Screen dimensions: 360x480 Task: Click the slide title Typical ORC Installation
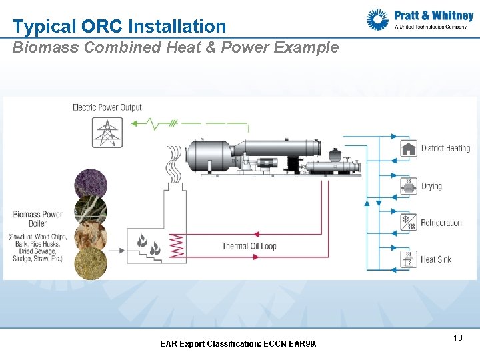tap(119, 27)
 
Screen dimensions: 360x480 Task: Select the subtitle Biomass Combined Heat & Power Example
tap(176, 48)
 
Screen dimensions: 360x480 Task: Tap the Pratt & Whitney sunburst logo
tap(378, 19)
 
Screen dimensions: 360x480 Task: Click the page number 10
tap(457, 338)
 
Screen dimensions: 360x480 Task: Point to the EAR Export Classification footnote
tap(239, 344)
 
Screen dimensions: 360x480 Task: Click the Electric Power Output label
tap(107, 107)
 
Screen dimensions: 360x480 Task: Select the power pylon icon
tap(107, 132)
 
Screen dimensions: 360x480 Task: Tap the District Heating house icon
tap(409, 148)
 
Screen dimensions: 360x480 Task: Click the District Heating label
tap(445, 148)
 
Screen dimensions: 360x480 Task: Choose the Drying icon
tap(409, 186)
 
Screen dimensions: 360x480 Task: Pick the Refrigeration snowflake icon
tap(409, 223)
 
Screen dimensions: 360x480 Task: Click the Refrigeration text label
tap(441, 223)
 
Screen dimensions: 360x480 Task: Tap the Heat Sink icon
tap(409, 259)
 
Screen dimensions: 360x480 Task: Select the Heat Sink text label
tap(436, 259)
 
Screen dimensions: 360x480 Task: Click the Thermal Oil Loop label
tap(249, 246)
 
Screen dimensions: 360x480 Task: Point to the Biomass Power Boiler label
tap(37, 219)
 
